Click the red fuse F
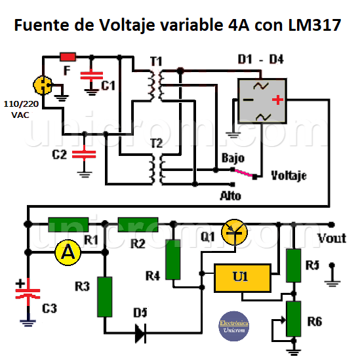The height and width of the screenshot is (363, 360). [68, 56]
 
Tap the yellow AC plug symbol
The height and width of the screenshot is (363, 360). [42, 85]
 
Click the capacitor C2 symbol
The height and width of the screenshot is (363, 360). [84, 155]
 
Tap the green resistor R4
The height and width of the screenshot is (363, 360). [173, 260]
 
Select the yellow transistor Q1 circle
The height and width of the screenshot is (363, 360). [236, 233]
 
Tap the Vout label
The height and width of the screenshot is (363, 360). [331, 238]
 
